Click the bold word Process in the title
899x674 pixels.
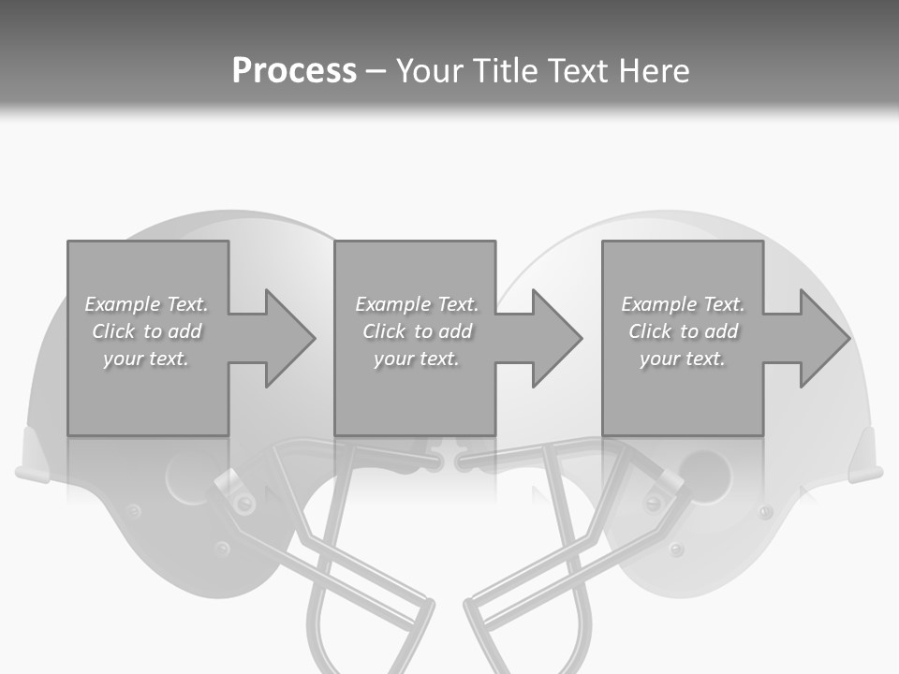[294, 71]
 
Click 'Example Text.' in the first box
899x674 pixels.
[147, 304]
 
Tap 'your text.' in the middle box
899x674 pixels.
[416, 359]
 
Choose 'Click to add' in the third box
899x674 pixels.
[683, 331]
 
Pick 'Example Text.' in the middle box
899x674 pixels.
[416, 304]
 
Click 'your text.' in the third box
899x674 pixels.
[683, 359]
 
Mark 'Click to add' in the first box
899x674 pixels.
[147, 331]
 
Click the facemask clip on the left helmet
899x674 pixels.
[234, 491]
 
